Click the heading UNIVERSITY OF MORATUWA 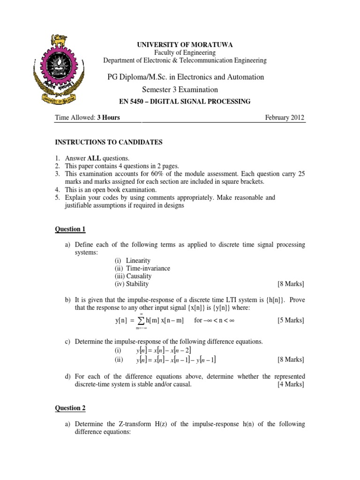point(185,45)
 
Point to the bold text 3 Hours point(108,117)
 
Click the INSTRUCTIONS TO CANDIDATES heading point(109,142)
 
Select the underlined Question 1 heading point(70,229)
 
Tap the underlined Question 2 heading point(70,408)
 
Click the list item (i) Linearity point(133,261)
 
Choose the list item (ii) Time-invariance point(142,268)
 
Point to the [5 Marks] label point(291,320)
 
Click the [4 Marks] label point(291,384)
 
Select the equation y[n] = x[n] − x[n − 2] point(164,351)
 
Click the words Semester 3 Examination point(180,90)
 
